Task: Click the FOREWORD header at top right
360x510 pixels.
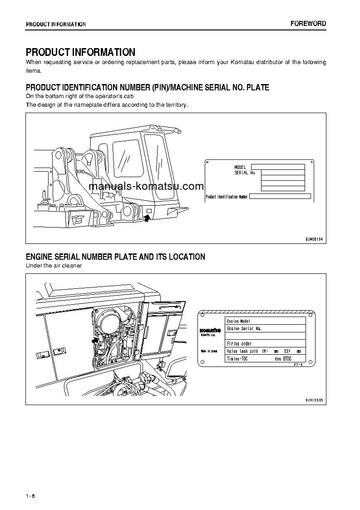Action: [x=308, y=24]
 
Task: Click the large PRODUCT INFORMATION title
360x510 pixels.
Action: [x=80, y=52]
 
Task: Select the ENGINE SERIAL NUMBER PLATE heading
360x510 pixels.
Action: [x=115, y=257]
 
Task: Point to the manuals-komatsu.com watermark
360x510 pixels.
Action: [x=147, y=186]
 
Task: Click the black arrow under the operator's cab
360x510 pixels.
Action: [x=147, y=218]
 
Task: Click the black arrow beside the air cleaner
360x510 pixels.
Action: [x=95, y=339]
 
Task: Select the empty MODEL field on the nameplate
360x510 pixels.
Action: [x=278, y=167]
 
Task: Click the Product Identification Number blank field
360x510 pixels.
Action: [x=280, y=197]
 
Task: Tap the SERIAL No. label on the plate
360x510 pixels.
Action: [x=245, y=173]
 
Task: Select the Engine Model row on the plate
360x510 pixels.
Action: [x=265, y=321]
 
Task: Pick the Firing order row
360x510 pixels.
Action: [x=265, y=344]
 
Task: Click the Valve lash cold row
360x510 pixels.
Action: [x=265, y=351]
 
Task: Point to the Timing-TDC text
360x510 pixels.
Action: [x=237, y=359]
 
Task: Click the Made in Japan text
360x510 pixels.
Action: [x=209, y=351]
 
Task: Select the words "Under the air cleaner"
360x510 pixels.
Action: [x=54, y=266]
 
